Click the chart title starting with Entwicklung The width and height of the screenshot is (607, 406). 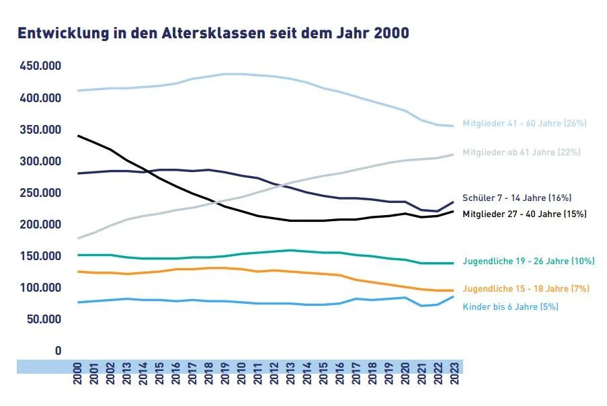tap(212, 33)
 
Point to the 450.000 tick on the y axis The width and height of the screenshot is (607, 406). tap(40, 67)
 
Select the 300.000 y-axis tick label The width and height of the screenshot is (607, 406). tap(40, 161)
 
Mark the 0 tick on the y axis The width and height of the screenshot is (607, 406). tap(58, 351)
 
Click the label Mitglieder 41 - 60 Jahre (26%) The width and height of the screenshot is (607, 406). tap(524, 124)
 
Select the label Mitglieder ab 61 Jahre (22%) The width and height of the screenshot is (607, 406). tap(521, 153)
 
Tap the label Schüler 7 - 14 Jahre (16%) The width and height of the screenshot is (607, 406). tap(517, 198)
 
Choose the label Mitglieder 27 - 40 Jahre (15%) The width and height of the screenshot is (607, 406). tap(524, 214)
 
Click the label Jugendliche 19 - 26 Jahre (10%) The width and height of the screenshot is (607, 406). tap(528, 261)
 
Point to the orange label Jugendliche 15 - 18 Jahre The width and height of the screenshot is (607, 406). tap(526, 289)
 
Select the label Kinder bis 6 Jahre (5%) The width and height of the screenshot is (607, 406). tap(510, 307)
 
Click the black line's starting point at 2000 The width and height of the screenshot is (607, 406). tap(78, 136)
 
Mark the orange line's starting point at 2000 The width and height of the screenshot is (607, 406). tap(78, 272)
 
